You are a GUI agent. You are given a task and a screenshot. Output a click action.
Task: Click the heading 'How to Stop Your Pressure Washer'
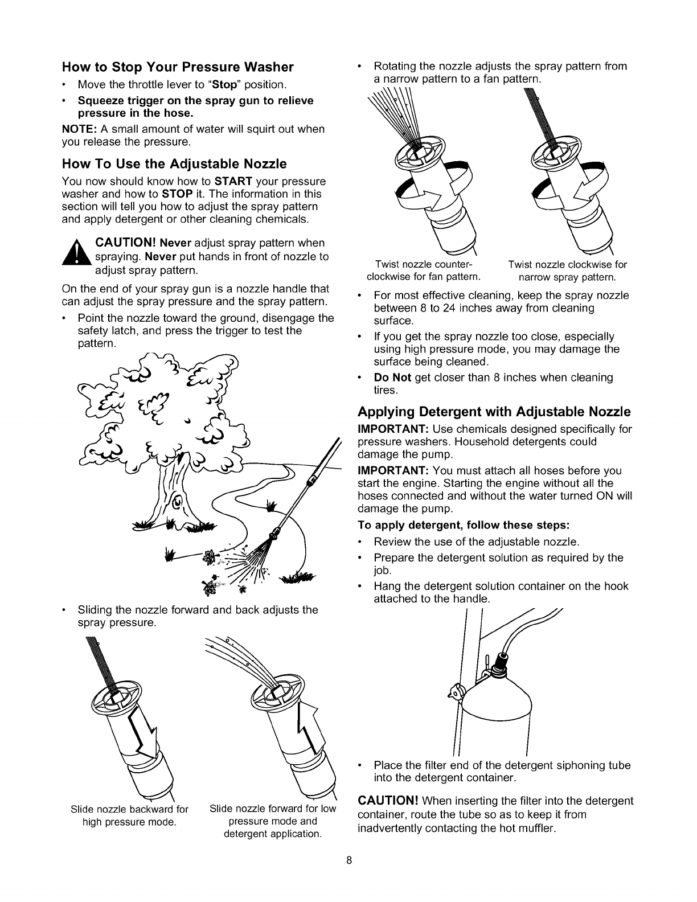tap(178, 67)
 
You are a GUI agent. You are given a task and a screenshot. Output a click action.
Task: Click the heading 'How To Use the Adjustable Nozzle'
tap(174, 165)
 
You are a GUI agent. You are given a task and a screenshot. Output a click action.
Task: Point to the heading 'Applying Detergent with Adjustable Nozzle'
tap(494, 411)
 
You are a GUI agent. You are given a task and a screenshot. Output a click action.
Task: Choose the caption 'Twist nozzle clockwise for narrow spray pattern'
tap(567, 271)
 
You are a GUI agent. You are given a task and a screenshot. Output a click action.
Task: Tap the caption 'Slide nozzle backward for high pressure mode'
tap(130, 815)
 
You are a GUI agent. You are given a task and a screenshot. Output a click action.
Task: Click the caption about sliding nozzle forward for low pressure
tap(273, 821)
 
